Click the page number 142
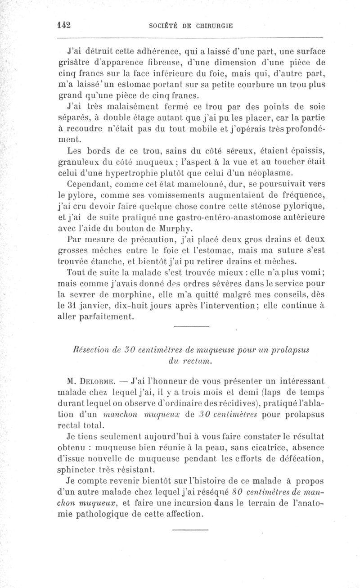65,25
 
